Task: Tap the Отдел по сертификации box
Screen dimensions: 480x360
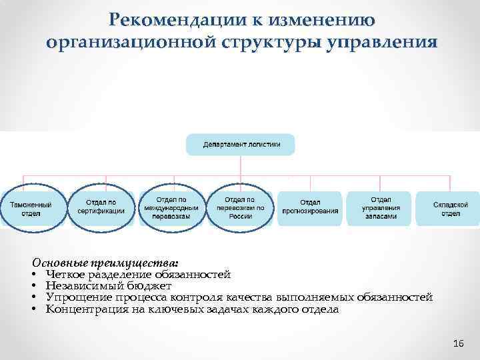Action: (x=101, y=207)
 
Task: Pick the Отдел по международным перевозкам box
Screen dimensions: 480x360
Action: (x=171, y=208)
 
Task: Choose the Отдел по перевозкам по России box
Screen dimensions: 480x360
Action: (x=240, y=208)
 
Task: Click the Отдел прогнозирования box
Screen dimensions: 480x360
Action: (x=309, y=208)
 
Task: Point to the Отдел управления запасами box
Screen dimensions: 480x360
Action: (x=380, y=208)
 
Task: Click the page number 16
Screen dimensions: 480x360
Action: (x=457, y=343)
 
